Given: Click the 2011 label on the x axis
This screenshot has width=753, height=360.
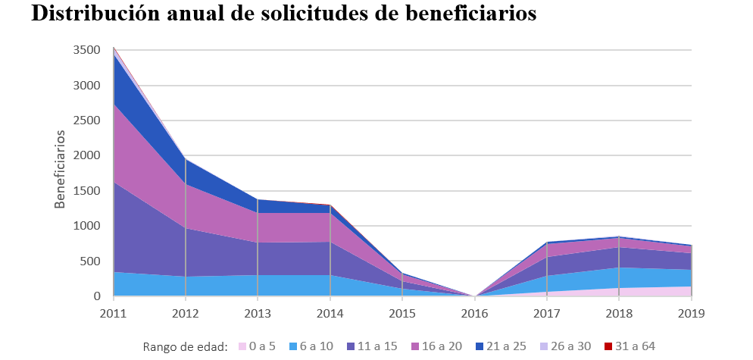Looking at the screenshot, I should pos(114,311).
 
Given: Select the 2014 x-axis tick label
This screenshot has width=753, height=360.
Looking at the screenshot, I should pos(330,311).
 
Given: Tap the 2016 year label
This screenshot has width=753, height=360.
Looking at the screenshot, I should pos(474,311).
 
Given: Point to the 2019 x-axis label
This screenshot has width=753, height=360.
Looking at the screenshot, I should pos(691,311).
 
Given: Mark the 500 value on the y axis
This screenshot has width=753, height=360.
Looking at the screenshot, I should pos(91,261).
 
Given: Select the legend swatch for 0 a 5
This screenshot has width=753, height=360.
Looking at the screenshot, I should pos(242,346).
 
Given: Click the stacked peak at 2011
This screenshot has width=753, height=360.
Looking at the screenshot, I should pos(114,49).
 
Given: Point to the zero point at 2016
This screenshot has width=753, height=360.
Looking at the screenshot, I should pos(474,296).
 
